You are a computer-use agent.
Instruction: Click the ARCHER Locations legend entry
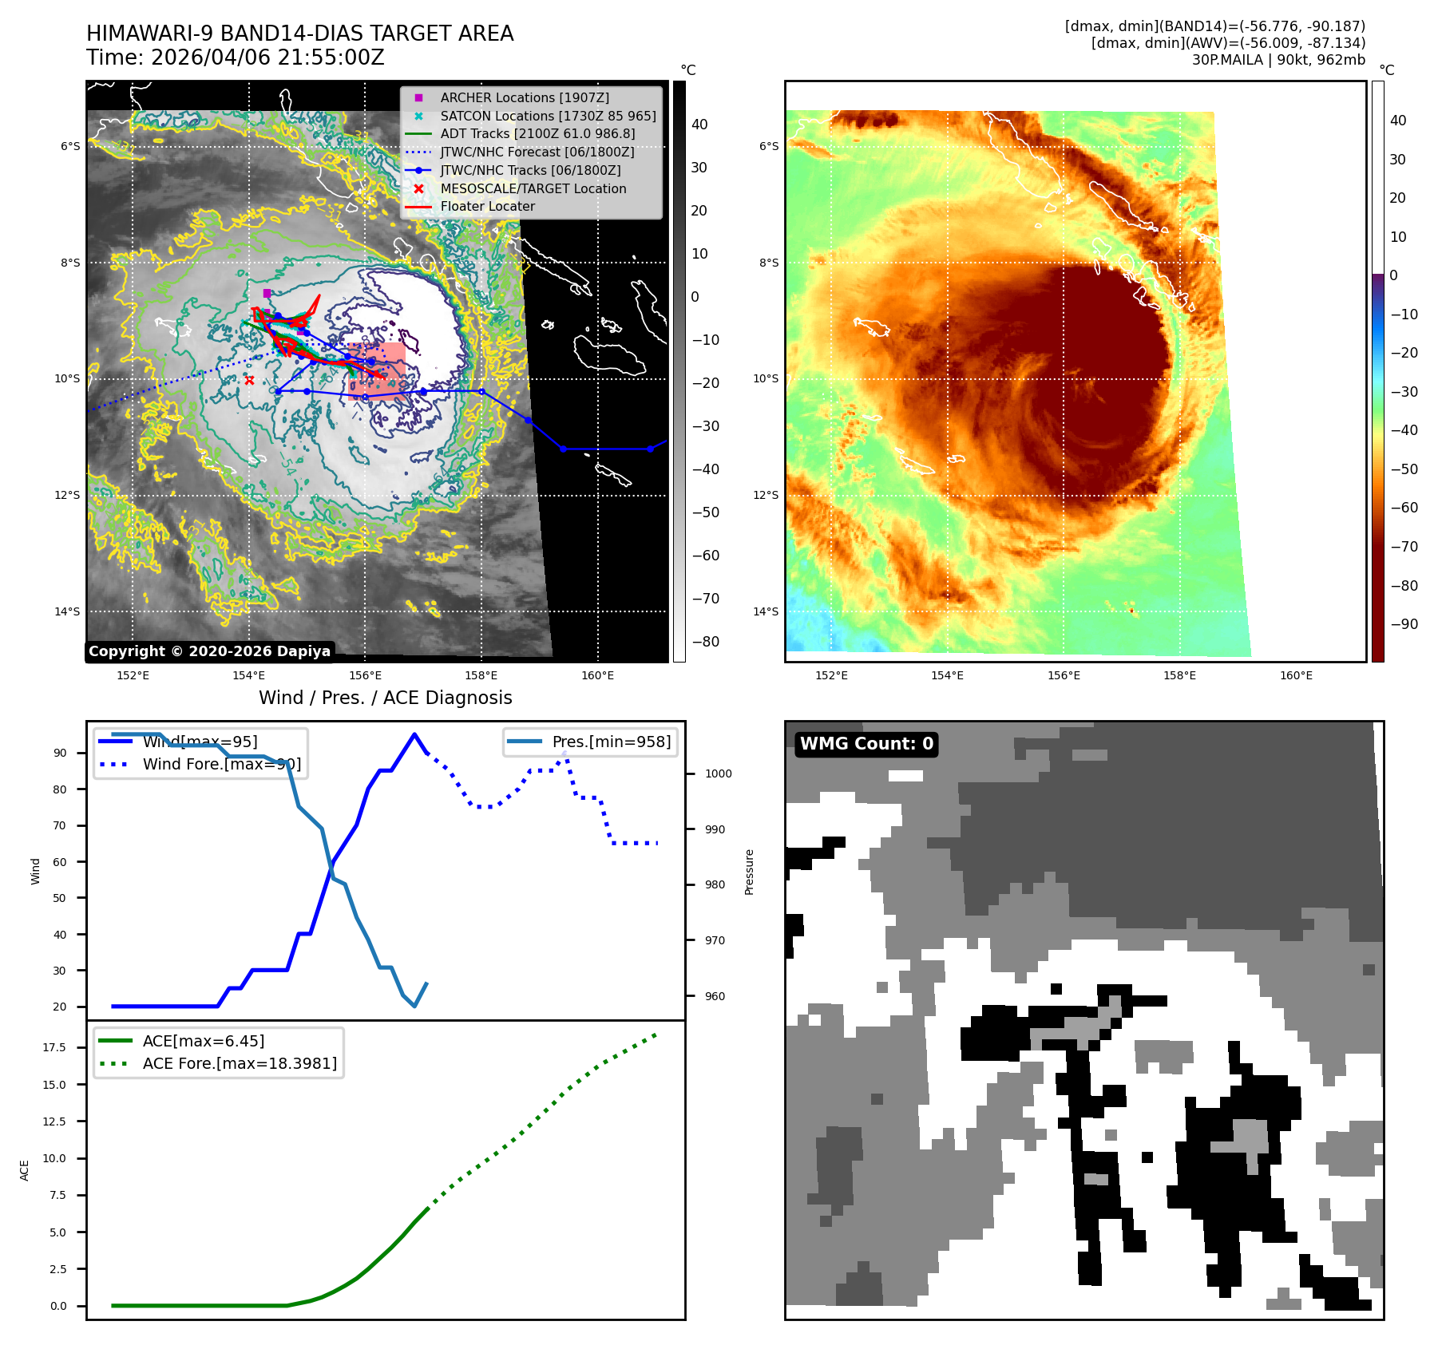[x=524, y=97]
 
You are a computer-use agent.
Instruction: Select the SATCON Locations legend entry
[x=548, y=116]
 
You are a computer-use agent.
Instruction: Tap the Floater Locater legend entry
[x=487, y=206]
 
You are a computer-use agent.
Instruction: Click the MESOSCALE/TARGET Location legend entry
[x=533, y=188]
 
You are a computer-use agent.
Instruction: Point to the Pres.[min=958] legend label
[x=611, y=742]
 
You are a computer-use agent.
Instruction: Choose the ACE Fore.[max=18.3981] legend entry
[x=240, y=1063]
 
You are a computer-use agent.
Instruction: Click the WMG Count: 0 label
[x=866, y=744]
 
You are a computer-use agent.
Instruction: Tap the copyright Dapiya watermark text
[x=209, y=651]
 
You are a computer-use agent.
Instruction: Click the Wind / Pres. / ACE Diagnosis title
[x=385, y=698]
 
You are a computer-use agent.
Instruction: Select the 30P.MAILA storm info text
[x=1278, y=60]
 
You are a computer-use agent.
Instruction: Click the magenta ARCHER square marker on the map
[x=267, y=294]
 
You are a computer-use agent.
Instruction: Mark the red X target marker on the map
[x=249, y=381]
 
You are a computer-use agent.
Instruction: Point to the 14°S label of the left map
[x=67, y=611]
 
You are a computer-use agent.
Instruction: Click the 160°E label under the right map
[x=1296, y=675]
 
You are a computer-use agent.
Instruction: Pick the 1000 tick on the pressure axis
[x=718, y=773]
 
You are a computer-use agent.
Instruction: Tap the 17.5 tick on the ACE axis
[x=54, y=1047]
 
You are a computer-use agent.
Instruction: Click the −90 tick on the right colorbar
[x=1404, y=624]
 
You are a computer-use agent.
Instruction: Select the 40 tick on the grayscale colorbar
[x=699, y=125]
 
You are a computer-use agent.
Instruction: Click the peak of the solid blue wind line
[x=414, y=734]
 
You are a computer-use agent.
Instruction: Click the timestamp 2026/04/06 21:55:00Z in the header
[x=267, y=57]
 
